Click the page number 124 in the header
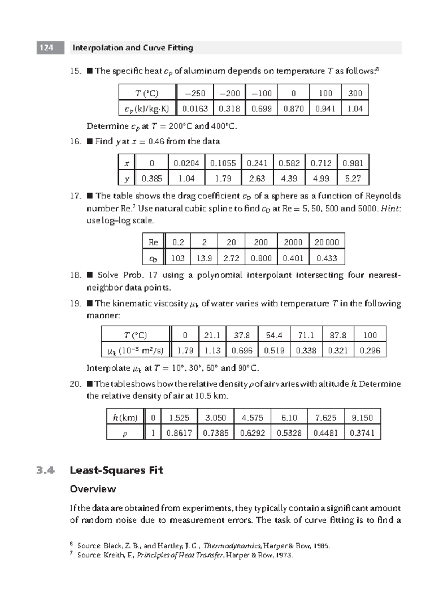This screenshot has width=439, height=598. (x=46, y=48)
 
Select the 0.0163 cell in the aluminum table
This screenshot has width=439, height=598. (x=195, y=109)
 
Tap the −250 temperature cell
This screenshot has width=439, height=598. (x=195, y=93)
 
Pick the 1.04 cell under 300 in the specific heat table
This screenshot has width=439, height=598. (x=355, y=109)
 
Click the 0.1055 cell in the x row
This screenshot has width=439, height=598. (x=223, y=163)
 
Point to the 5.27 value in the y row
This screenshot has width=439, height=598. (x=353, y=178)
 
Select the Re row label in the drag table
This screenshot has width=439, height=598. (x=153, y=242)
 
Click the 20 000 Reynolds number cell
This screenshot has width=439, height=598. (x=327, y=242)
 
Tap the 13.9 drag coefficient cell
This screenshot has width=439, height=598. (x=204, y=258)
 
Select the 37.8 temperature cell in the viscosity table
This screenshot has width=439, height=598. (x=242, y=335)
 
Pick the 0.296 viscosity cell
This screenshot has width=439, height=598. (x=370, y=351)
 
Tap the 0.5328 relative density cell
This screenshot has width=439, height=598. (x=289, y=433)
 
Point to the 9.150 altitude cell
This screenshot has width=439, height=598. (x=362, y=417)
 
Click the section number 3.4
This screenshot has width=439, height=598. (x=46, y=470)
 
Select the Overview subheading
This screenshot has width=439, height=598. (x=93, y=489)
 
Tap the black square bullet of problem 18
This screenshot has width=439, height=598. (x=90, y=275)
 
